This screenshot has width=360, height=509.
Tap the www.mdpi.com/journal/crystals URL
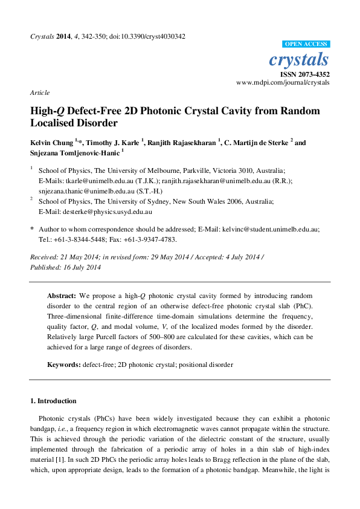(283, 82)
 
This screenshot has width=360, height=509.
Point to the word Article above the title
(39, 92)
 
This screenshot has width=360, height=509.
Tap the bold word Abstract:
(62, 296)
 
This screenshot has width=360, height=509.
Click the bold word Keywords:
(64, 365)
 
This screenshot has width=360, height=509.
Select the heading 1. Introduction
(53, 401)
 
